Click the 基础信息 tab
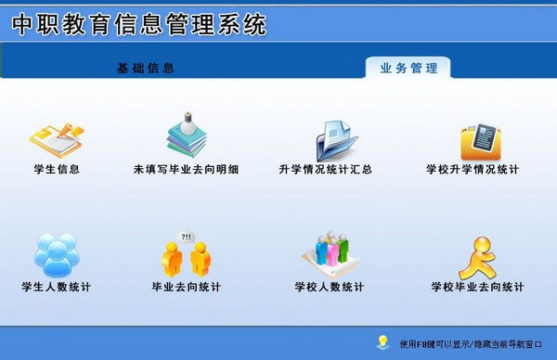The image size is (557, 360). click(145, 69)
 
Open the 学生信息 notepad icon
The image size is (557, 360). click(56, 137)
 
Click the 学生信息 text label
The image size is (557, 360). click(56, 170)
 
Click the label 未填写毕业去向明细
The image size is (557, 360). click(186, 170)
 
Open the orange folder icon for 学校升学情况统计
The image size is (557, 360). click(481, 139)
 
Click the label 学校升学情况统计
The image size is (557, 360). click(473, 170)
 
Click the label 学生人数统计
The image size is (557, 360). click(56, 287)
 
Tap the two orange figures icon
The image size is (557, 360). click(186, 254)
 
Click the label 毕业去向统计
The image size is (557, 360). click(186, 287)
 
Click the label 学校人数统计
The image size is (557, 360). click(330, 287)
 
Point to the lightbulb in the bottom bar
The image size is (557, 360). click(382, 341)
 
